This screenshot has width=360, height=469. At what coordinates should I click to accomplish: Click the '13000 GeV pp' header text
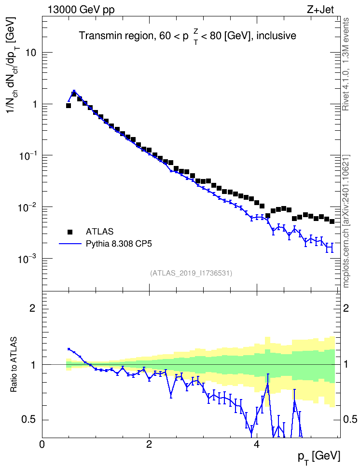pos(81,10)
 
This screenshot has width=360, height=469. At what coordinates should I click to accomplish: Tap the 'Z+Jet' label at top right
pos(320,10)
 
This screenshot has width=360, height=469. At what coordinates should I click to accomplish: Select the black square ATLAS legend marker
pos(70,232)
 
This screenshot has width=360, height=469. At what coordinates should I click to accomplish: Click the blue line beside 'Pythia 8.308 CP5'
pos(70,244)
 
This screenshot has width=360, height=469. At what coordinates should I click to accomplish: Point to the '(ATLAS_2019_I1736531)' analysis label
pos(191,273)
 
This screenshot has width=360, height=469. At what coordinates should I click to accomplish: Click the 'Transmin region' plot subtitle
pos(188,36)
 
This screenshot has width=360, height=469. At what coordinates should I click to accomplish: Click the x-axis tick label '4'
pos(256,444)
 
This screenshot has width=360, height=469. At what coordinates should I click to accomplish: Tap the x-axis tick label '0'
pos(42,444)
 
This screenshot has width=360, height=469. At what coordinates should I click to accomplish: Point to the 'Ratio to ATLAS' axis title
pos(14,365)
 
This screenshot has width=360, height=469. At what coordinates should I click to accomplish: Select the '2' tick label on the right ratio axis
pos(346,308)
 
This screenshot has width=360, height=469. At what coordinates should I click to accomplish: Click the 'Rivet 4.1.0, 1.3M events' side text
pos(346,64)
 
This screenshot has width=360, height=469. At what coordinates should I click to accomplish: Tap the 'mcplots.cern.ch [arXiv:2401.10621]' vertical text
pos(346,221)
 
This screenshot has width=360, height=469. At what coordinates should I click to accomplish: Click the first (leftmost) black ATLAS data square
pos(68,106)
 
